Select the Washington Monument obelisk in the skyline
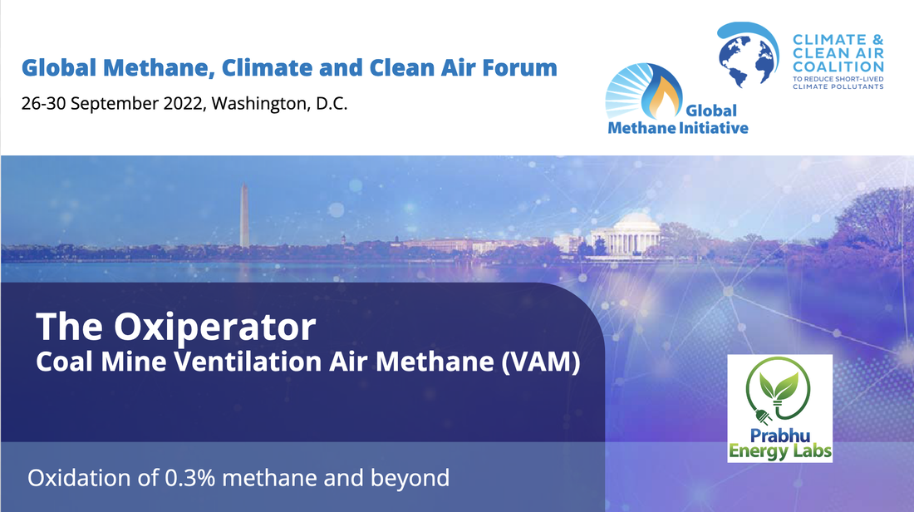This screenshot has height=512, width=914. click(244, 215)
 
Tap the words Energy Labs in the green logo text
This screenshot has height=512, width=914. click(779, 452)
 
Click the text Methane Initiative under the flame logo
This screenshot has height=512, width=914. click(678, 127)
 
